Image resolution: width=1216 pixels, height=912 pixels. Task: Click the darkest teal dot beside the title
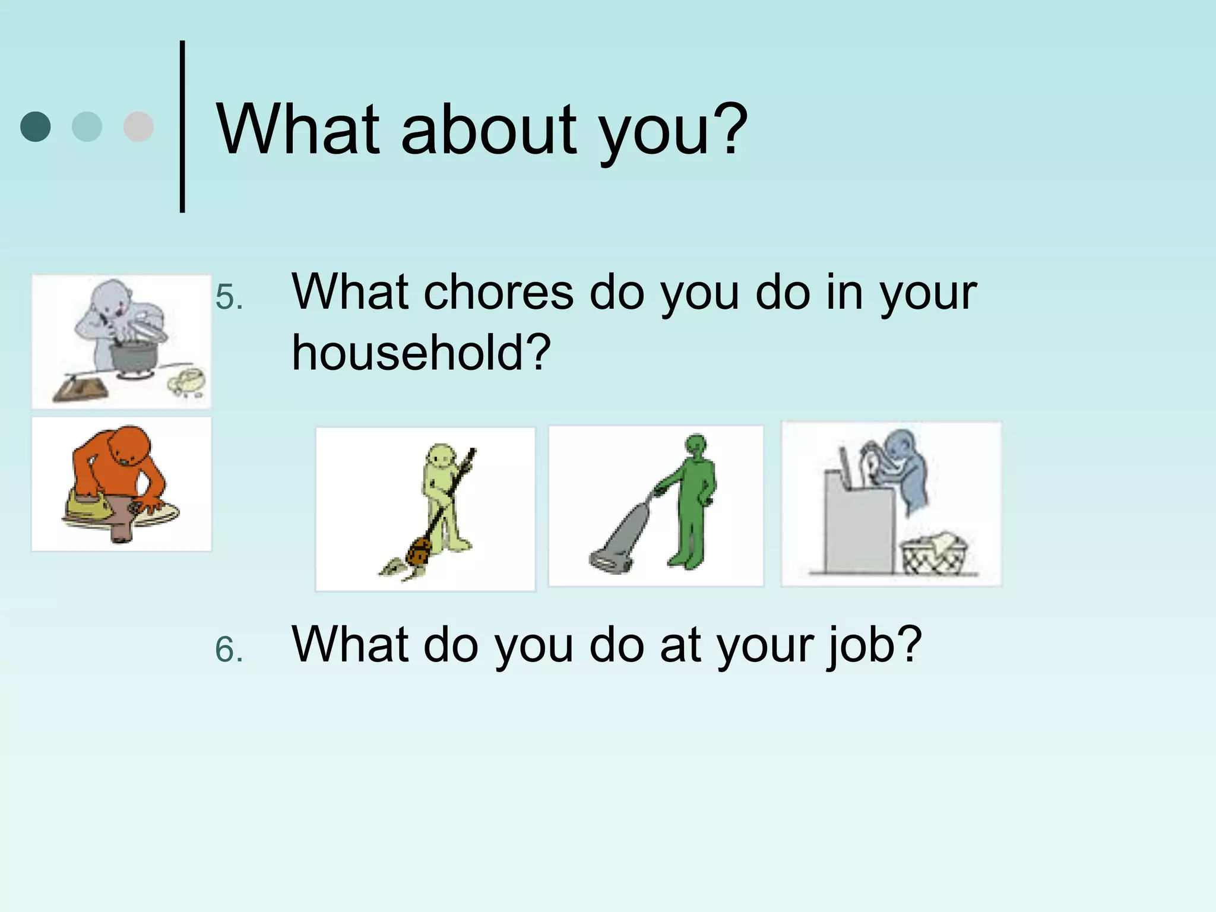[x=36, y=126]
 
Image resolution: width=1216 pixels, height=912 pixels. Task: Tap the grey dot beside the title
[x=138, y=126]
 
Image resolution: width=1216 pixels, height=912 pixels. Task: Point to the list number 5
[x=229, y=297]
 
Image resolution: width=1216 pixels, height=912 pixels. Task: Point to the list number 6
[x=229, y=650]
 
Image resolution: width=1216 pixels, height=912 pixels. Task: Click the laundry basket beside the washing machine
[x=934, y=555]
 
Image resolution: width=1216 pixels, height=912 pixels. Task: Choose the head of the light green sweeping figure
[x=441, y=458]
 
